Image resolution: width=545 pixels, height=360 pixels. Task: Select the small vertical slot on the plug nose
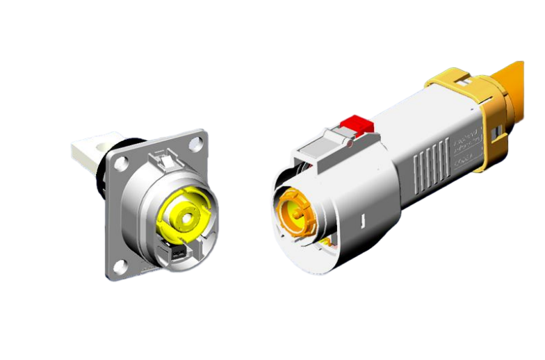click(364, 223)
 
